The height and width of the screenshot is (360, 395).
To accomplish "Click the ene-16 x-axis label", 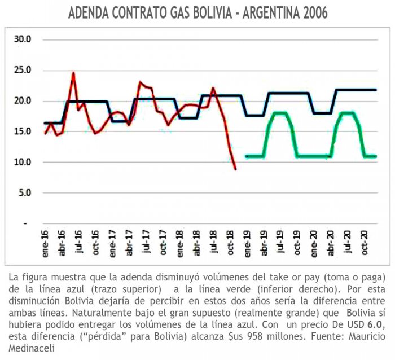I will tap(46, 242).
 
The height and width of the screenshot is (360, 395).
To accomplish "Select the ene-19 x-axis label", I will tap(247, 242).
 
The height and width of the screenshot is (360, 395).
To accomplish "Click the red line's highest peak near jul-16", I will tap(73, 73).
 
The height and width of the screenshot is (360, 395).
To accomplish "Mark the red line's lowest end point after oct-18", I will tap(235, 169).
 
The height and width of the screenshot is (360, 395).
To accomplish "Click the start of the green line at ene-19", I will tap(247, 156).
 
